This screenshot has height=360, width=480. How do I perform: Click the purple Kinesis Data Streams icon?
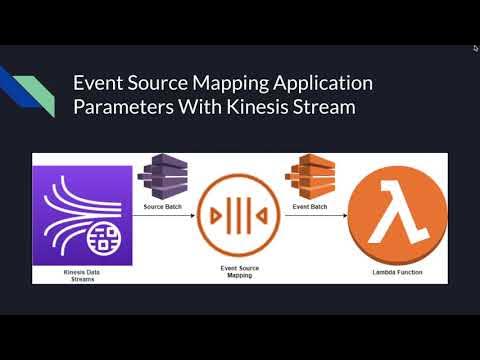[x=82, y=215]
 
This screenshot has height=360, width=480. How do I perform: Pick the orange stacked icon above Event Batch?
[x=309, y=178]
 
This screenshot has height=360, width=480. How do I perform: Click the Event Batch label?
[x=309, y=207]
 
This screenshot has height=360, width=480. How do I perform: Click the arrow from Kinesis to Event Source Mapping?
[x=165, y=216]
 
